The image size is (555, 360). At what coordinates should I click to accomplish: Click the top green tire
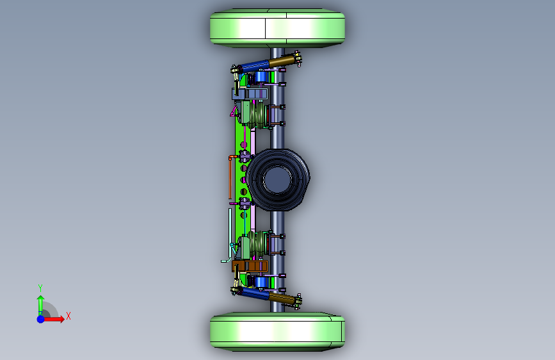point(278,28)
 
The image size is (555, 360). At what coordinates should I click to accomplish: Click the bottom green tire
point(278,332)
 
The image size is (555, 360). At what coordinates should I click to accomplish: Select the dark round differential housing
point(278,179)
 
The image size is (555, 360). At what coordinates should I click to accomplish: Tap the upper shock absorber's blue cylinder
point(255,66)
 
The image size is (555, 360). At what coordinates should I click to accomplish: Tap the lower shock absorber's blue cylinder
point(255,293)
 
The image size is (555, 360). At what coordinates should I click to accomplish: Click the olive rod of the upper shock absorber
point(282,61)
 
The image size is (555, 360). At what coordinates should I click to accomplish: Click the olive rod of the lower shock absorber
point(282,299)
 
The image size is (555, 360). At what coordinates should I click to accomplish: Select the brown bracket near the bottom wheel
point(250,266)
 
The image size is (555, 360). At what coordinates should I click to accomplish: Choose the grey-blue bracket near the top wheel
point(250,94)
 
